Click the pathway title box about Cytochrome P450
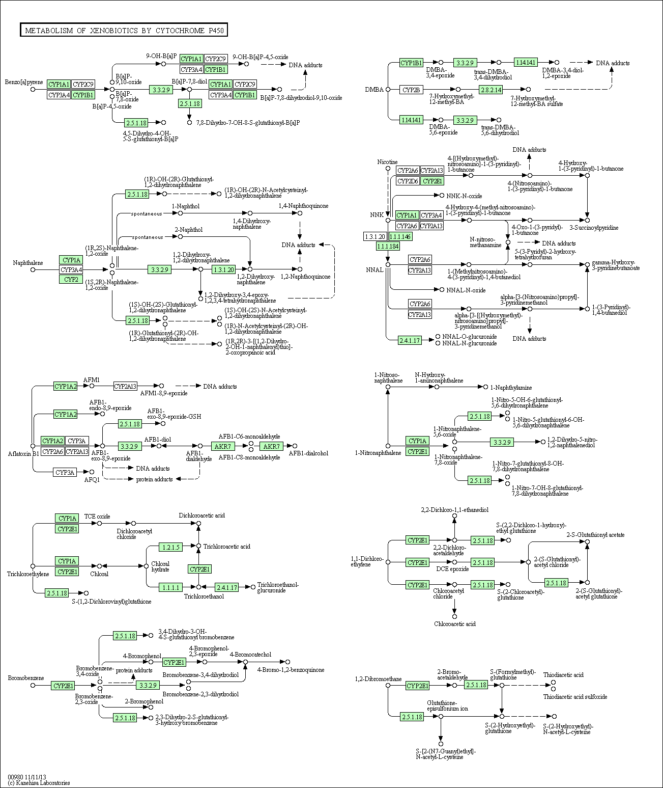(124, 30)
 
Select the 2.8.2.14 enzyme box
(491, 90)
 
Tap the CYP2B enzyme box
(411, 90)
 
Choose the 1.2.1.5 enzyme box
(171, 547)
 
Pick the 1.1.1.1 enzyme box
(171, 587)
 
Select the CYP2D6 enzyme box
(408, 181)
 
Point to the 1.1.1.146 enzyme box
(400, 237)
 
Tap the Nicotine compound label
(388, 162)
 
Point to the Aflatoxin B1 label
(23, 454)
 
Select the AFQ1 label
(92, 480)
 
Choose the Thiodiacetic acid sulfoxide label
(575, 697)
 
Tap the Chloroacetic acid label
(455, 624)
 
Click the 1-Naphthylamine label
(511, 388)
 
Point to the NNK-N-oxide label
(465, 196)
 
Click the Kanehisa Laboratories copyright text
(39, 783)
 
